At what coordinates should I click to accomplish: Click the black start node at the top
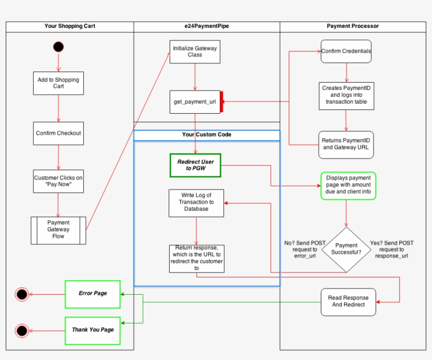click(58, 47)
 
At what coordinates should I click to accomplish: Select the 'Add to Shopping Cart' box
click(58, 83)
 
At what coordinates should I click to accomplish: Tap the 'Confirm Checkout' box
click(58, 133)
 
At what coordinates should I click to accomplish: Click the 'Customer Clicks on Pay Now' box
click(58, 181)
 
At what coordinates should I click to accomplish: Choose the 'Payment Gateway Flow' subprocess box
click(58, 230)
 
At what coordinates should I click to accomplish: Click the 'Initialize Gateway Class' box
click(195, 52)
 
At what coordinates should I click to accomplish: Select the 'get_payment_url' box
click(195, 102)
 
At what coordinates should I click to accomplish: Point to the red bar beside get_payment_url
click(222, 102)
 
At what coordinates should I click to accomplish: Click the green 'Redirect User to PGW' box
click(195, 165)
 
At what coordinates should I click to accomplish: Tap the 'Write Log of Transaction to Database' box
click(196, 203)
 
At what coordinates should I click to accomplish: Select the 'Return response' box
click(197, 258)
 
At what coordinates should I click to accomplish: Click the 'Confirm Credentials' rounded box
click(346, 52)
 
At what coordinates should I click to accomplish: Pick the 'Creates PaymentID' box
click(346, 95)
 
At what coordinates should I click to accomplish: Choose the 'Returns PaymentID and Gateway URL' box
click(346, 145)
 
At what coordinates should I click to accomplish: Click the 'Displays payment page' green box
click(348, 185)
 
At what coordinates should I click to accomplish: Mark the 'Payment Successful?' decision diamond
click(346, 249)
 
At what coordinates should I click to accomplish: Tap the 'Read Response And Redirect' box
click(348, 302)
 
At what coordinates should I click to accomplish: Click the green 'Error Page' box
click(93, 294)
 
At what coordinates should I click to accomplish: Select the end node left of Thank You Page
click(22, 331)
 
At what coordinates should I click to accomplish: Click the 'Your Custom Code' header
click(207, 135)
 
